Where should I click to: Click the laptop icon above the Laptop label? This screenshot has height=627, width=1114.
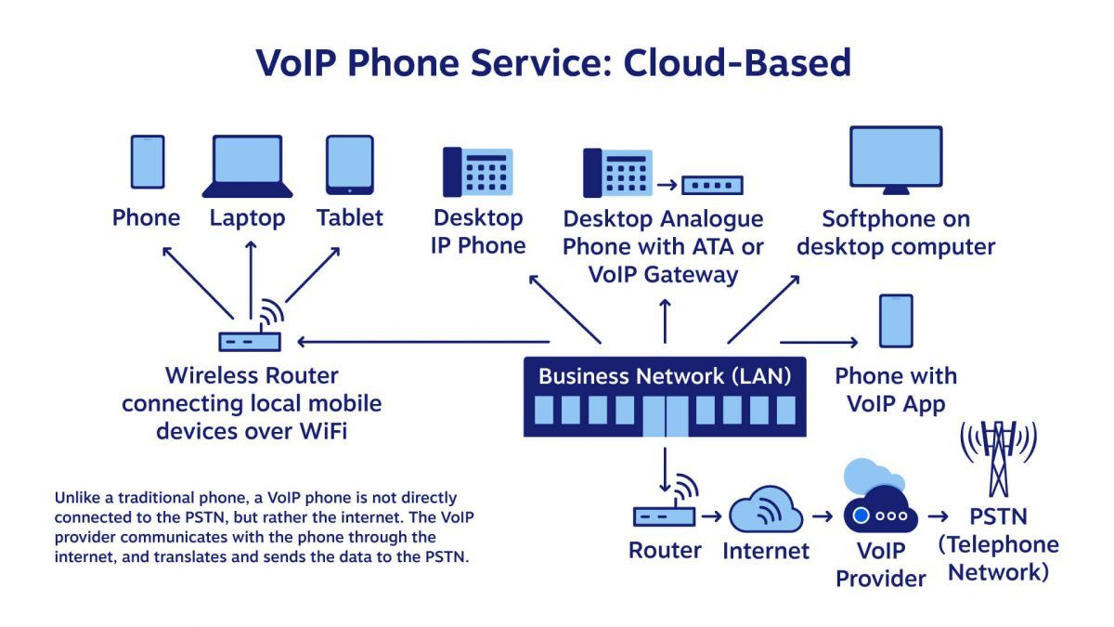[x=247, y=166]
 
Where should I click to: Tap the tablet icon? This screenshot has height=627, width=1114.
[x=349, y=164]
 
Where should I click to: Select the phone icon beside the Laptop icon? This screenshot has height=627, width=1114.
[x=147, y=163]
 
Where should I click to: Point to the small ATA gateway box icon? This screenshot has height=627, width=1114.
[x=712, y=185]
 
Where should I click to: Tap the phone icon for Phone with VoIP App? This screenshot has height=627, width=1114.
[x=896, y=320]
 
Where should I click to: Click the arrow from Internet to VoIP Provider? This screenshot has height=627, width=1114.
[x=822, y=515]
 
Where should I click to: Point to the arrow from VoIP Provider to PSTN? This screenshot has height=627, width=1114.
[x=939, y=515]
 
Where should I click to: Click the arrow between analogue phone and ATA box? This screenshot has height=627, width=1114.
[x=666, y=185]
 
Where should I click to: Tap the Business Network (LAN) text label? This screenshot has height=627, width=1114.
[x=665, y=376]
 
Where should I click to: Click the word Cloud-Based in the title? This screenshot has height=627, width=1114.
[x=737, y=62]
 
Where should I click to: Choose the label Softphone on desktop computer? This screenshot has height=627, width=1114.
[x=896, y=233]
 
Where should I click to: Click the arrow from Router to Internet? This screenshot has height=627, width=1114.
[x=712, y=515]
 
